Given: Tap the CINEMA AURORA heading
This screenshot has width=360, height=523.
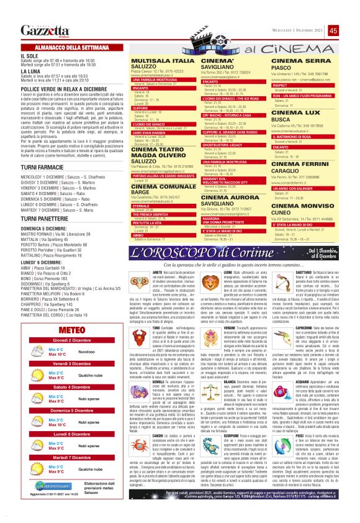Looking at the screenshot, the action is (x=230, y=196).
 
